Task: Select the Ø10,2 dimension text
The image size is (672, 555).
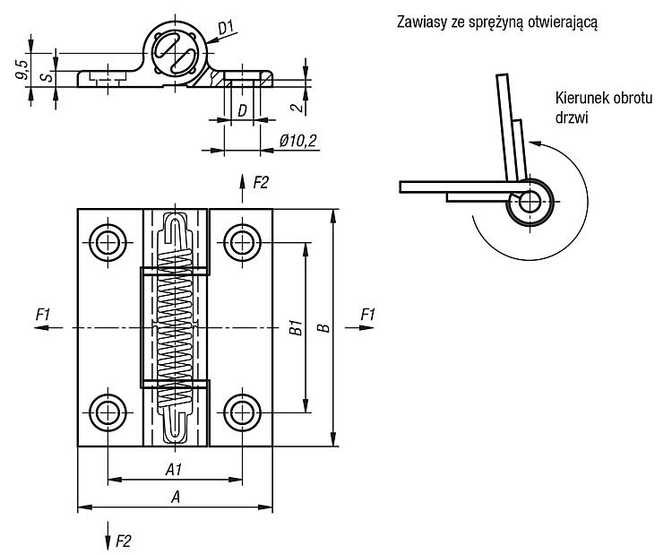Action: click(298, 141)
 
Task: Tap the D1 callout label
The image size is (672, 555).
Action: click(226, 28)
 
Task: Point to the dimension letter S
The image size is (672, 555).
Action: click(48, 77)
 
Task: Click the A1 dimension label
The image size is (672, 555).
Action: click(174, 470)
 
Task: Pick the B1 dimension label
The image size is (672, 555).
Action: click(297, 327)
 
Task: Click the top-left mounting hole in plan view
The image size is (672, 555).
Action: click(108, 242)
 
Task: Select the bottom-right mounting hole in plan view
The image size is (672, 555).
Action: click(242, 413)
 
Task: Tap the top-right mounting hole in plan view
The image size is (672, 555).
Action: click(242, 242)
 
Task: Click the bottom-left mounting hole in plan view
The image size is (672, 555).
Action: click(108, 413)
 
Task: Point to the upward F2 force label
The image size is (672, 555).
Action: click(260, 183)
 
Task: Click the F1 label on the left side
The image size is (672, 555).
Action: click(43, 315)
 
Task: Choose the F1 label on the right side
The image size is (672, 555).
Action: click(367, 315)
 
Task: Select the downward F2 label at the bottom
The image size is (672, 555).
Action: click(123, 542)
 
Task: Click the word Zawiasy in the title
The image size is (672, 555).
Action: click(421, 22)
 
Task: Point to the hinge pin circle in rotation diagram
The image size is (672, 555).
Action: click(530, 202)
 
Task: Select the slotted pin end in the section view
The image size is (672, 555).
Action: click(175, 53)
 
